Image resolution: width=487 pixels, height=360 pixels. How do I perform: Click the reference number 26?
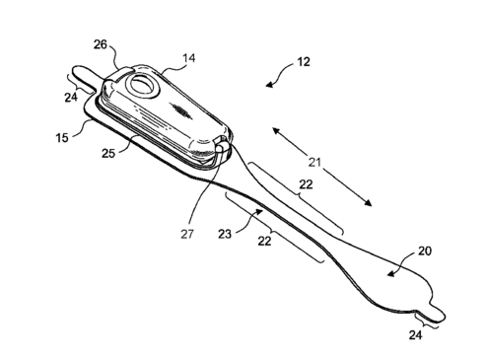(x=101, y=44)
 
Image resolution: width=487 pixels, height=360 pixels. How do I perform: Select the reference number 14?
(x=188, y=58)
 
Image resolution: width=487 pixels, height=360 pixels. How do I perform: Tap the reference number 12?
(x=303, y=62)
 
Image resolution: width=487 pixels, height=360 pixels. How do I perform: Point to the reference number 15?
(x=62, y=137)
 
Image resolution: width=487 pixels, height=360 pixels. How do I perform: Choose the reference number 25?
(x=108, y=153)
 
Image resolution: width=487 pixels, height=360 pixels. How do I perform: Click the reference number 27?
(x=187, y=234)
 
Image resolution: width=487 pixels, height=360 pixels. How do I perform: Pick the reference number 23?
(x=225, y=234)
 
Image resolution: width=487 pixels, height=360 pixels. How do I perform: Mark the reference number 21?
(x=314, y=162)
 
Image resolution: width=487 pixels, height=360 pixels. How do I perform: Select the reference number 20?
(x=424, y=252)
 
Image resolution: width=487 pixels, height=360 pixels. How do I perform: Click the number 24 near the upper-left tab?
(x=71, y=98)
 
